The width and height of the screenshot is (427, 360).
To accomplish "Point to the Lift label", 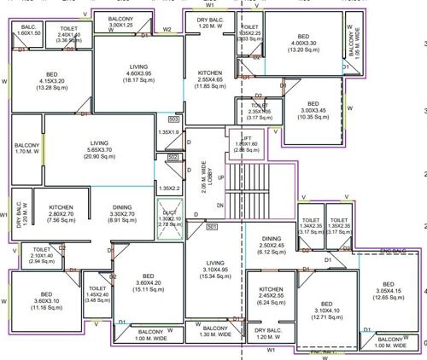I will [245, 144].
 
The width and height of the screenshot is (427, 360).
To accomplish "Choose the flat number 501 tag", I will [211, 226].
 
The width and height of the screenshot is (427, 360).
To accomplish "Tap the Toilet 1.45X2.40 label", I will [97, 293].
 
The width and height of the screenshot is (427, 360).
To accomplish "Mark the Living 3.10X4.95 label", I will [215, 270].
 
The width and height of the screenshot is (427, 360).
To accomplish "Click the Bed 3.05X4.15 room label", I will [388, 290].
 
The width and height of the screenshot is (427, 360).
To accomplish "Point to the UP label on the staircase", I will [221, 177].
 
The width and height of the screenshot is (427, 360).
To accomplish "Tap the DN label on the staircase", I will [219, 206].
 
